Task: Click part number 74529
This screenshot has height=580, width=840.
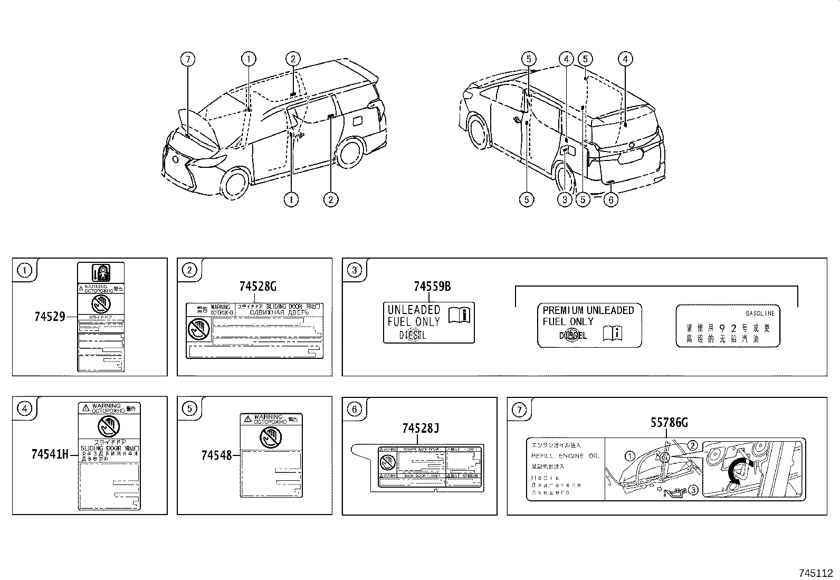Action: click(x=50, y=317)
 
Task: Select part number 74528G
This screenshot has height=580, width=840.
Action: click(x=257, y=287)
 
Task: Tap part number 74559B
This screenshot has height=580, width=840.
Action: click(x=432, y=287)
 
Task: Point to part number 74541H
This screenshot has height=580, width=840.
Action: click(x=50, y=454)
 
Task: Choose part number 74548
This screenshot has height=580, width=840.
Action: click(x=216, y=454)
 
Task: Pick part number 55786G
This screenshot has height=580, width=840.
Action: click(x=669, y=423)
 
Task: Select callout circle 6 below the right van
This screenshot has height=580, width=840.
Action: click(x=610, y=199)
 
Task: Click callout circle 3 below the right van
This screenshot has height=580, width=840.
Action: click(x=565, y=199)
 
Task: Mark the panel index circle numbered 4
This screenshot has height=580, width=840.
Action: click(x=24, y=409)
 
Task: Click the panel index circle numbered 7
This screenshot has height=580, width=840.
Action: click(x=519, y=409)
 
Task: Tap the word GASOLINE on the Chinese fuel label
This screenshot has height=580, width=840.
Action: click(x=760, y=313)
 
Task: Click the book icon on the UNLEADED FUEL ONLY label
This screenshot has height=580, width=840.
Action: click(x=459, y=315)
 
